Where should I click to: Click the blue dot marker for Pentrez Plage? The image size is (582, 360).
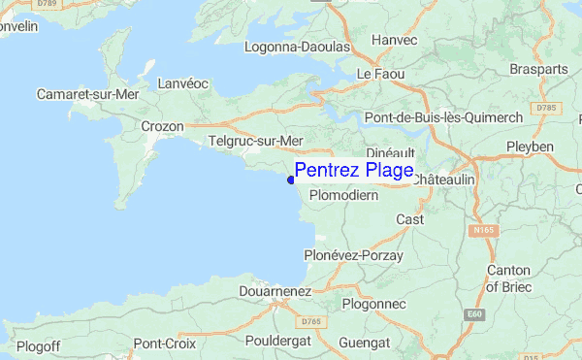(x=291, y=179)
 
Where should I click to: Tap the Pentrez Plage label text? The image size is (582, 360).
(x=354, y=171)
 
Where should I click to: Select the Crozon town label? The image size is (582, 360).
(x=162, y=126)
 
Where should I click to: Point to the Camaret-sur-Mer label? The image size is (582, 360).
(x=88, y=94)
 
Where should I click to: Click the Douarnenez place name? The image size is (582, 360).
(x=275, y=290)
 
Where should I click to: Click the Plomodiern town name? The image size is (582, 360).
(x=342, y=195)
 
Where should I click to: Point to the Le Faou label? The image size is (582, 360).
(x=379, y=74)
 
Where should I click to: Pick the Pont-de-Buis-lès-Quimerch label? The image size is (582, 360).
(x=443, y=117)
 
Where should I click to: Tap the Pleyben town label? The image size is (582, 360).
(x=530, y=147)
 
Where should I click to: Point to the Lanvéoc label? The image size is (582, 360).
(x=183, y=84)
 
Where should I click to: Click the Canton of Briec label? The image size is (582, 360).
(x=507, y=278)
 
